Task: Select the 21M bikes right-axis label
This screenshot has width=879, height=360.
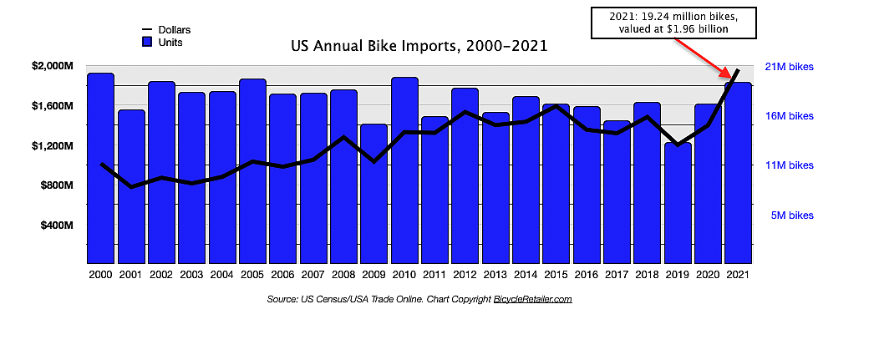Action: (789, 67)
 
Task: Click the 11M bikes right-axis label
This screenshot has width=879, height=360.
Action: (789, 165)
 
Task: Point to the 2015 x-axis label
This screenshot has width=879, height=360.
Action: (556, 274)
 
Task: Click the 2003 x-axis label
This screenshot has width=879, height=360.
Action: (191, 274)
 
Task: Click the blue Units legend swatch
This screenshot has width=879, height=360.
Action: (146, 42)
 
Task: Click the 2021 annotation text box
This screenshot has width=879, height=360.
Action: (673, 22)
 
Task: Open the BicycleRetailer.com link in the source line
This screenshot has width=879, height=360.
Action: (532, 299)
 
